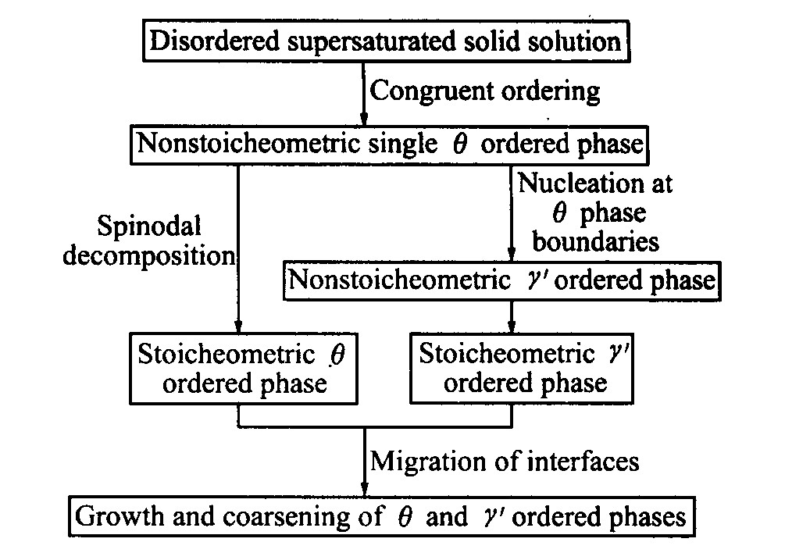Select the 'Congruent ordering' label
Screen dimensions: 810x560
484,91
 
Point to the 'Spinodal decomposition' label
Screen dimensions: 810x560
148,241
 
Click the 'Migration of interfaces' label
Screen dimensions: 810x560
505,462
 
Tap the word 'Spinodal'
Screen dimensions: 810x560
148,226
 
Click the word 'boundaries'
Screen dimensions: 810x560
596,242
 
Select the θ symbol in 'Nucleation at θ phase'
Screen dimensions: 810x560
559,212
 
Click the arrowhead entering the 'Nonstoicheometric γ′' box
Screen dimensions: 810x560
512,255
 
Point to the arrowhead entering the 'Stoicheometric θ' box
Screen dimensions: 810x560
238,326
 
